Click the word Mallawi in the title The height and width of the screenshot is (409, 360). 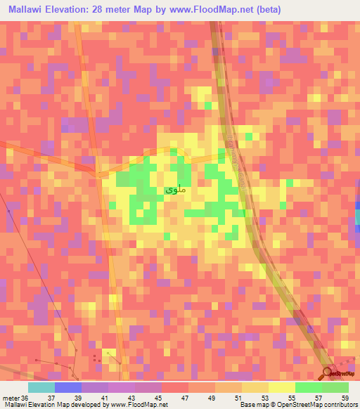29,9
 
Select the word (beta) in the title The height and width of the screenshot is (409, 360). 302,9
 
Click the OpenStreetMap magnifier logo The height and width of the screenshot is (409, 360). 328,372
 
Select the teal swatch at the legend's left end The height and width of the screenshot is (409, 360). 41,387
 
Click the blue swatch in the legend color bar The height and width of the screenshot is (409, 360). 68,387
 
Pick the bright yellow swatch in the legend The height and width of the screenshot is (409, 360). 281,387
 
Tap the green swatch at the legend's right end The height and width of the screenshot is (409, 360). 335,387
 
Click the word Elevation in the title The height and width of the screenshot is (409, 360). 79,9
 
